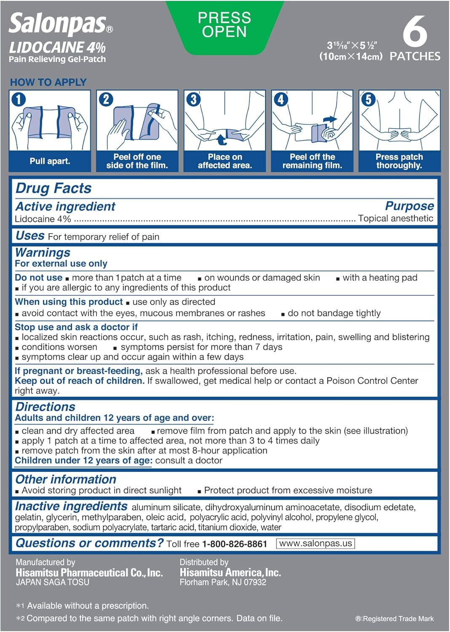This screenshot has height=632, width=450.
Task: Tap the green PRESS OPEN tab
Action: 224,25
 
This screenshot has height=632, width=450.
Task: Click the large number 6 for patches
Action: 415,32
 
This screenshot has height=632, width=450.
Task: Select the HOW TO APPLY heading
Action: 48,82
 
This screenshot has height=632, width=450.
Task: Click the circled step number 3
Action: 193,99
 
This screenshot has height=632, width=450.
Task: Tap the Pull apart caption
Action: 50,161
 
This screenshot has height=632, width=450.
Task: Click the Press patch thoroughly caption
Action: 399,161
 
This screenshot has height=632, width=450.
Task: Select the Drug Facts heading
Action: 54,188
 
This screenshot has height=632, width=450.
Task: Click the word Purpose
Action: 409,206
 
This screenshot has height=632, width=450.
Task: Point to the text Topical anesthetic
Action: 395,218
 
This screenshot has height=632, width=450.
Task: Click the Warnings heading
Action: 43,252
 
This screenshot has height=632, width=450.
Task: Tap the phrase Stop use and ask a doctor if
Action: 76,327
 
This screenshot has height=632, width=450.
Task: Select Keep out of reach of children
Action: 80,381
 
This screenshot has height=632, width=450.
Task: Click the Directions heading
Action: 45,407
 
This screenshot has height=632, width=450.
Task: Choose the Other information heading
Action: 66,479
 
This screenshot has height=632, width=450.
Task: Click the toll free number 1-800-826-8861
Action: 235,544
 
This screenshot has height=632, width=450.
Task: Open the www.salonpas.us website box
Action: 316,544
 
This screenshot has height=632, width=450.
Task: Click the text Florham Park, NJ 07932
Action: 223,582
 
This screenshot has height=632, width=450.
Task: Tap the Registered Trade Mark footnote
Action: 394,619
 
